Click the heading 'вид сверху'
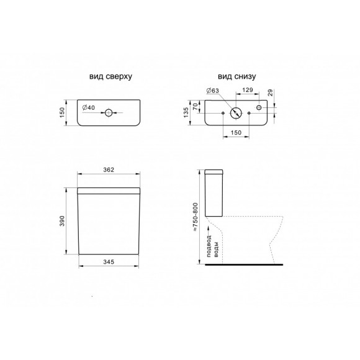(x=110, y=76)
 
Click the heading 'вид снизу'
(x=236, y=76)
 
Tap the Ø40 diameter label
(x=89, y=109)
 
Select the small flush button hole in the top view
(x=109, y=113)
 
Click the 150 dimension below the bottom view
(x=236, y=133)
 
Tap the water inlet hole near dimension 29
(x=260, y=108)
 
